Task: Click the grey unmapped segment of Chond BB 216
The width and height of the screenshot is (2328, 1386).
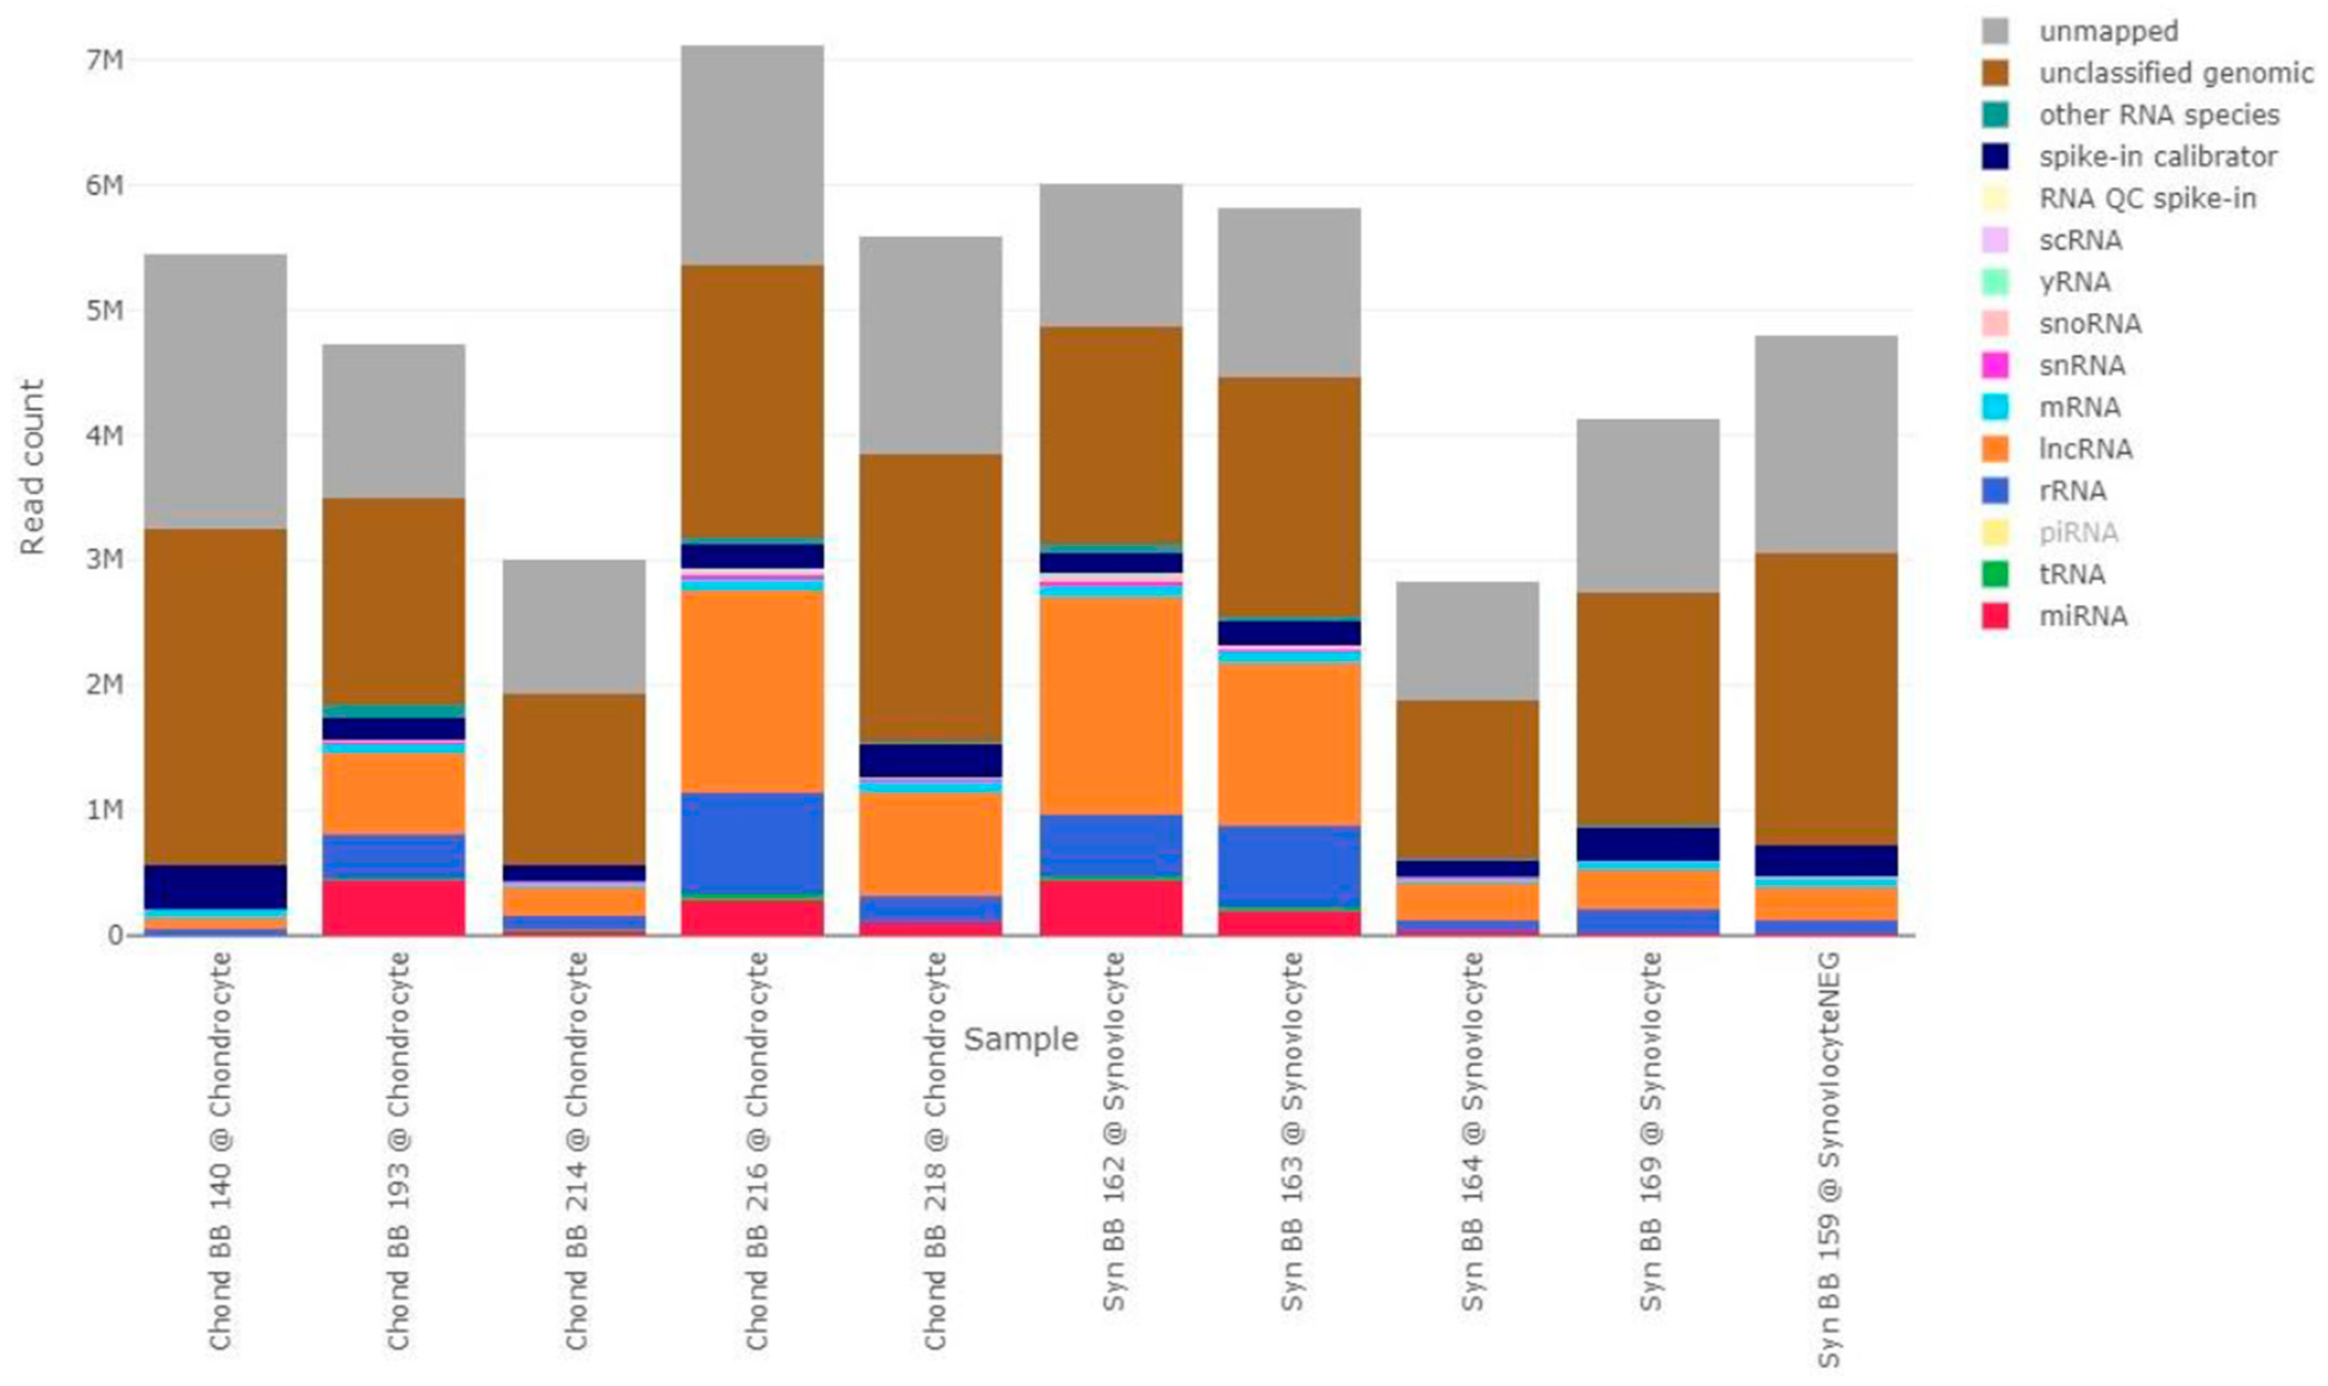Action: click(x=752, y=154)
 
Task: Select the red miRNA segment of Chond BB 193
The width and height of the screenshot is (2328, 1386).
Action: click(x=393, y=906)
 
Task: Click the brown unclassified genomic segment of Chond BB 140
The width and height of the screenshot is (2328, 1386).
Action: click(x=215, y=696)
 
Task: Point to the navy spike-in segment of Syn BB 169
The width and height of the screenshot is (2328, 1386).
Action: click(x=1648, y=844)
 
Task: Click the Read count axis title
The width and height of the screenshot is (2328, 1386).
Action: click(x=33, y=467)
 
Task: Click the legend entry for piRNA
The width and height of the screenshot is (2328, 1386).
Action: click(x=2078, y=532)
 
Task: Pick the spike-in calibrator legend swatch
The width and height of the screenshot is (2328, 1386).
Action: click(x=1994, y=157)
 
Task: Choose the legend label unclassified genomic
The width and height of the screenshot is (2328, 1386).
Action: click(x=2176, y=73)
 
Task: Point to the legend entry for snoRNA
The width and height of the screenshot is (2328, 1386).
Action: click(x=2090, y=324)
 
